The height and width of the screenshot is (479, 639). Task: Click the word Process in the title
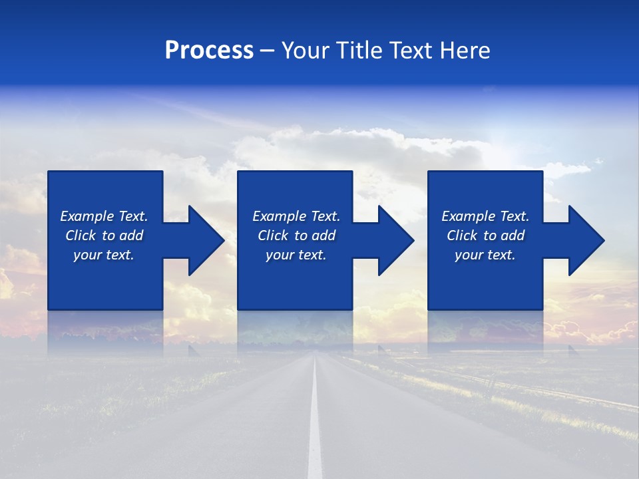coord(209,51)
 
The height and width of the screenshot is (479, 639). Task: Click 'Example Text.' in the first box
coord(104,216)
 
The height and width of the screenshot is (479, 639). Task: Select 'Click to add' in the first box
coord(104,236)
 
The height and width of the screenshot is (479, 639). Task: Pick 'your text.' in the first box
coord(104,255)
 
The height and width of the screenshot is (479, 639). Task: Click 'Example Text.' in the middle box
coord(296,216)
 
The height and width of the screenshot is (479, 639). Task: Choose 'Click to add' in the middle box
coord(296,236)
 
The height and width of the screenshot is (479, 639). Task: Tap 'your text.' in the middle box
coord(296,255)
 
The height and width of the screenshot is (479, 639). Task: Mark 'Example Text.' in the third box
coord(485,216)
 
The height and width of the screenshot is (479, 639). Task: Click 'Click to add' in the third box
coord(485,236)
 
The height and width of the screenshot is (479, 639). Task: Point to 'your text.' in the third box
coord(485,255)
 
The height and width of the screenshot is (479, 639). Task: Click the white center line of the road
coord(315,426)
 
